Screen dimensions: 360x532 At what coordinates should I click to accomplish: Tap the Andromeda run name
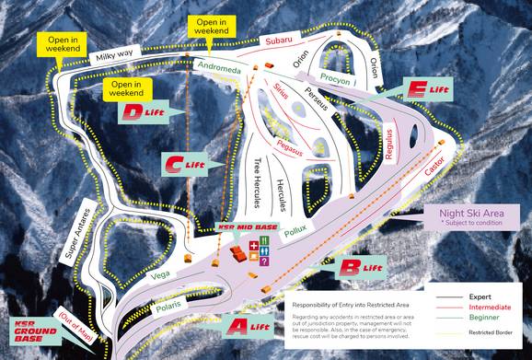(218, 65)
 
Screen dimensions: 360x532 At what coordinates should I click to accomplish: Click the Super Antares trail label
(78, 230)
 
